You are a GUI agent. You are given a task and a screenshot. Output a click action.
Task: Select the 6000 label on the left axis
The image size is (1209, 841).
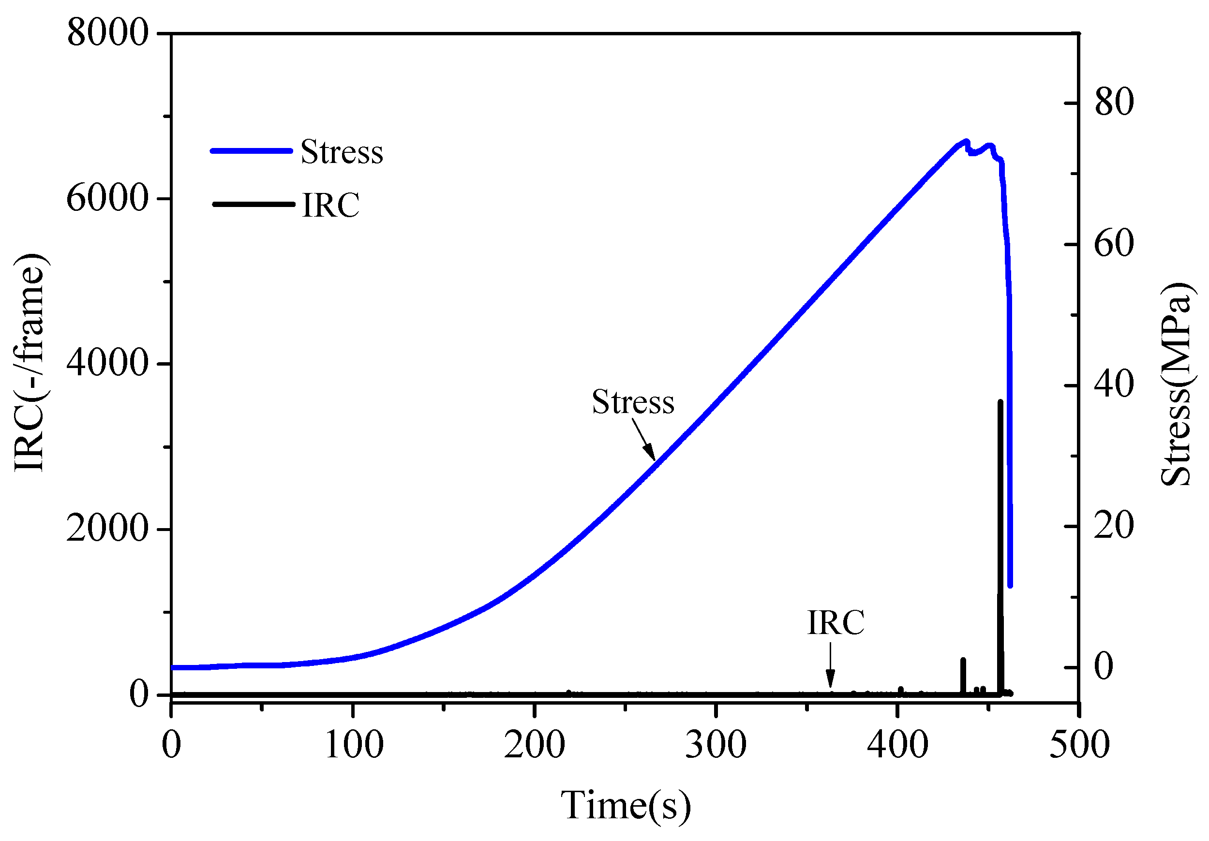[107, 199]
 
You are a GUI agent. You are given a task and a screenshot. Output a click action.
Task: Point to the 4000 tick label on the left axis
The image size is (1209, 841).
[107, 363]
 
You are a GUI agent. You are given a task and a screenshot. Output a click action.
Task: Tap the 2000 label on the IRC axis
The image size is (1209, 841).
[107, 529]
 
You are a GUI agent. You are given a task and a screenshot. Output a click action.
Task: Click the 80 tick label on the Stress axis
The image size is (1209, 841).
[1114, 102]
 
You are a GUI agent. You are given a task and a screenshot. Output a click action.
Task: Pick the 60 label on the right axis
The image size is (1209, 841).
[1114, 244]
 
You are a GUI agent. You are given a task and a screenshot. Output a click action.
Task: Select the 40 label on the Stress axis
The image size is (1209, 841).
[1114, 385]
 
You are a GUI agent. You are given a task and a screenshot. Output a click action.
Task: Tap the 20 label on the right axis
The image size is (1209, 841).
[1114, 526]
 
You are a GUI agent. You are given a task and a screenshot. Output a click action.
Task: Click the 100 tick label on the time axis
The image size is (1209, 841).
[353, 745]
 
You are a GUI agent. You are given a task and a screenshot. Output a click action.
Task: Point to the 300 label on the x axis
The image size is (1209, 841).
[716, 745]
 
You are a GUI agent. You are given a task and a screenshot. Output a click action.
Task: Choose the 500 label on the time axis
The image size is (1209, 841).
[1079, 745]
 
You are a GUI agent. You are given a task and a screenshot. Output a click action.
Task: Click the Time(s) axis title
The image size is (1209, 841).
[626, 806]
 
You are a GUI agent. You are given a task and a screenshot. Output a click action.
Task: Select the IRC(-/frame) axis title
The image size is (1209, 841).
[30, 363]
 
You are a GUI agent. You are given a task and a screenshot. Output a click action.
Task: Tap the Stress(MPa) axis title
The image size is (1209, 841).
[1177, 384]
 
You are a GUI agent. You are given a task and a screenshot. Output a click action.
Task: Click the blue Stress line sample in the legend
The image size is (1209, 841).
[251, 151]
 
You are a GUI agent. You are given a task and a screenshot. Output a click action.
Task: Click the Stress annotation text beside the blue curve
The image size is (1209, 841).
[633, 402]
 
